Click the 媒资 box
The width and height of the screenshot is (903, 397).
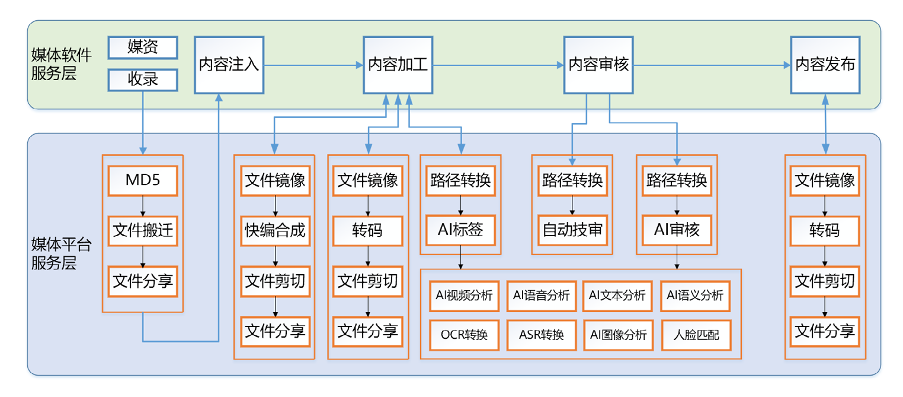pyautogui.click(x=143, y=47)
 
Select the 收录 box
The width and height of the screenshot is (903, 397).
pyautogui.click(x=143, y=80)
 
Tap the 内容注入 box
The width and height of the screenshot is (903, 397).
pyautogui.click(x=229, y=65)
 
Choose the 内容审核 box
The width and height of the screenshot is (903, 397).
pyautogui.click(x=598, y=65)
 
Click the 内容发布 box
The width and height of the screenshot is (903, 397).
pyautogui.click(x=825, y=65)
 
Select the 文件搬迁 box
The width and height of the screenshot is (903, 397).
pyautogui.click(x=143, y=230)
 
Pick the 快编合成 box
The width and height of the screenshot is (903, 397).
pyautogui.click(x=275, y=230)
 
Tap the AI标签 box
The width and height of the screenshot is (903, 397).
pyautogui.click(x=460, y=230)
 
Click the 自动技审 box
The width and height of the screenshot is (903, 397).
pyautogui.click(x=572, y=230)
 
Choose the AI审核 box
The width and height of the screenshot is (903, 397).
pyautogui.click(x=677, y=230)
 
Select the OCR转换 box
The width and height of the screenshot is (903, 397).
pyautogui.click(x=464, y=335)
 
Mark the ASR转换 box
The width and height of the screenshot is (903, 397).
pyautogui.click(x=541, y=335)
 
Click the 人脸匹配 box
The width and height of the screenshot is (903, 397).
pyautogui.click(x=696, y=335)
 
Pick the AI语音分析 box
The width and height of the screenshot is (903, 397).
pyautogui.click(x=541, y=296)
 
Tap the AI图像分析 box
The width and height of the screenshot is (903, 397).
pyautogui.click(x=618, y=335)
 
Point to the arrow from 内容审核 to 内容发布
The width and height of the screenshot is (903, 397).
pyautogui.click(x=711, y=65)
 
